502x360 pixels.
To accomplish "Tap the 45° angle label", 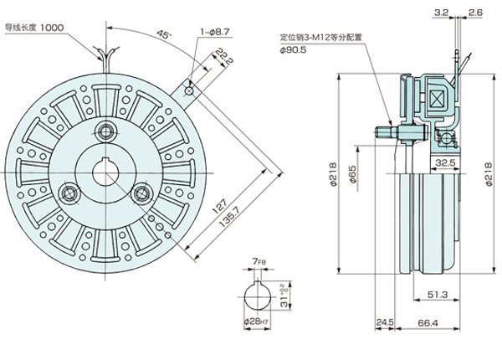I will [x=161, y=36].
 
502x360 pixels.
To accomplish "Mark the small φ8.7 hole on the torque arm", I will [x=191, y=89].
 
